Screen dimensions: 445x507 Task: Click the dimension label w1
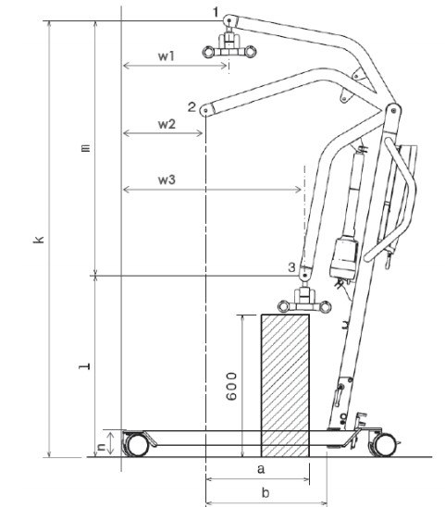click(167, 56)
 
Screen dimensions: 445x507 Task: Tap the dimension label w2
click(167, 124)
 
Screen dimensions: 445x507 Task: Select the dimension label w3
click(167, 179)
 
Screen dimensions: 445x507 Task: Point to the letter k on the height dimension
click(39, 240)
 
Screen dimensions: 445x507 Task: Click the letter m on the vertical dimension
click(86, 148)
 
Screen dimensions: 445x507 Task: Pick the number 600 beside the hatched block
click(231, 387)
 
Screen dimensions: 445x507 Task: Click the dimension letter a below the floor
click(261, 468)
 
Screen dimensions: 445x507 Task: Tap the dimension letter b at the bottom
click(266, 493)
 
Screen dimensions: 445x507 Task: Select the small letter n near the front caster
click(102, 447)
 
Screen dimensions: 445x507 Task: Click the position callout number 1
click(216, 12)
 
